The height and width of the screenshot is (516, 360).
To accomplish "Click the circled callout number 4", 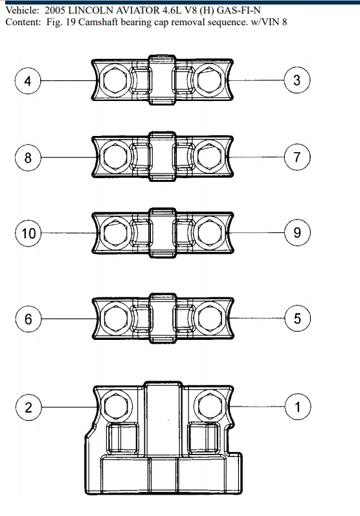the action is click(x=28, y=81).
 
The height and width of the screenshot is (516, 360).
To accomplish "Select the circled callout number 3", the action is click(x=297, y=80).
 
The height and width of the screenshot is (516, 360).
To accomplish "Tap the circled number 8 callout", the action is click(x=28, y=157).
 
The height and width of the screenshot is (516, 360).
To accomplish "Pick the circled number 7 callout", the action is click(x=297, y=157).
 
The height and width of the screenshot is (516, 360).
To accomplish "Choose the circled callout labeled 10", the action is click(x=28, y=233).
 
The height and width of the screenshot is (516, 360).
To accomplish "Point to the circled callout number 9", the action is click(x=297, y=232).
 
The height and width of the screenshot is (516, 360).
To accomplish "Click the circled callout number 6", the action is click(x=28, y=319).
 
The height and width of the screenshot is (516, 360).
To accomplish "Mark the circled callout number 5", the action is click(x=297, y=319).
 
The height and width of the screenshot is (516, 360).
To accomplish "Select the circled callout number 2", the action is click(x=28, y=407).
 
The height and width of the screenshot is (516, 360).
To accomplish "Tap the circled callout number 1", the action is click(x=298, y=407).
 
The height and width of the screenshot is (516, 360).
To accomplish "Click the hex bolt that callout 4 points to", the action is click(x=115, y=81).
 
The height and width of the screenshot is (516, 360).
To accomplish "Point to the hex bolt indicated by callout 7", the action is click(x=209, y=157).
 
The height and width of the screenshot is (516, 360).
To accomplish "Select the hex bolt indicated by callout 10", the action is click(x=115, y=233).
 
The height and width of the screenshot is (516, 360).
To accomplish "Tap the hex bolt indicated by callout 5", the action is click(x=210, y=319).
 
